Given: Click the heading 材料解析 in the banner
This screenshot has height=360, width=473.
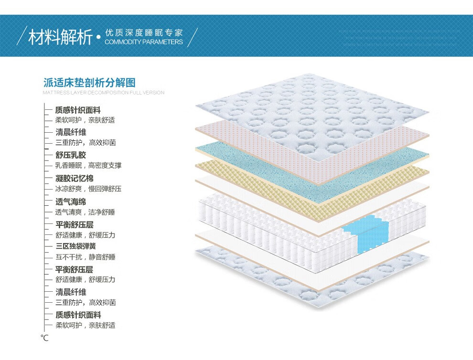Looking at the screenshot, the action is click(60, 37).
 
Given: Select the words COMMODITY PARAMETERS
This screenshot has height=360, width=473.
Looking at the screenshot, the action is click(143, 42).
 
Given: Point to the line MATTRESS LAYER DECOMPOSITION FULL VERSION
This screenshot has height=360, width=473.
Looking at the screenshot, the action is click(103, 93).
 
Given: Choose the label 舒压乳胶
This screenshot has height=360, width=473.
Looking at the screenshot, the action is click(71, 155).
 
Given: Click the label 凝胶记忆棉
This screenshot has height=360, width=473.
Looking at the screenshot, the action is click(75, 179).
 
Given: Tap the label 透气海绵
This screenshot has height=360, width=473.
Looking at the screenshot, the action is click(71, 201).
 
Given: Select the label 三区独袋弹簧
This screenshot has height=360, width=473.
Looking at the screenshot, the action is click(75, 246).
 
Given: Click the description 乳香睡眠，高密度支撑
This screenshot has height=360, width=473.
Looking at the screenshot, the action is click(88, 165).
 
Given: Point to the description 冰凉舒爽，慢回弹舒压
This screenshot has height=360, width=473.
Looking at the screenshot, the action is click(88, 189).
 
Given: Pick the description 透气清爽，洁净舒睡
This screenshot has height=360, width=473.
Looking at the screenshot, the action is click(85, 212).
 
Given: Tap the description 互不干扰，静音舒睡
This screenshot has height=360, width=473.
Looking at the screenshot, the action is click(85, 257).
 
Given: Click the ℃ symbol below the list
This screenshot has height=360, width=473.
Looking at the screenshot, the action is click(44, 338).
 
